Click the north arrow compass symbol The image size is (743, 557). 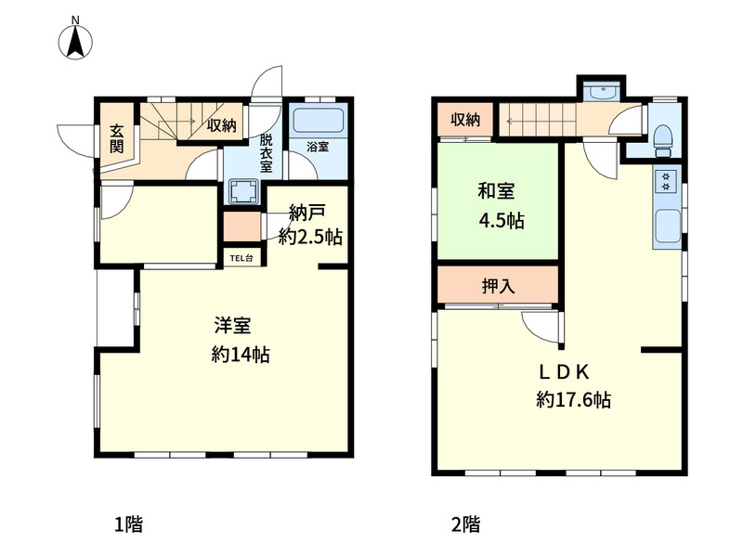click(75, 39)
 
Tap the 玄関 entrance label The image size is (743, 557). click(117, 138)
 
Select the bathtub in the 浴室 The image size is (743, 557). click(318, 122)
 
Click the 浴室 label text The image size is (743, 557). click(318, 147)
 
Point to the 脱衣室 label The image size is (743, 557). click(266, 152)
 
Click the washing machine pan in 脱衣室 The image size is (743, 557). click(244, 192)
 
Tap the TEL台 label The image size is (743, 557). click(241, 258)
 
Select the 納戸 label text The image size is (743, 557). click(306, 213)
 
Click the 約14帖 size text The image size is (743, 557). click(241, 355)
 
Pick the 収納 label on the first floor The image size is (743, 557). click(221, 125)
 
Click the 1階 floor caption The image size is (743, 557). click(128, 525)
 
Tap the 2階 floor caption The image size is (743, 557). click(465, 525)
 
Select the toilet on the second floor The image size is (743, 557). click(663, 140)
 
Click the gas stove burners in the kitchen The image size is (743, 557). click(666, 180)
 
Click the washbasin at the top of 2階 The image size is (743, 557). click(601, 91)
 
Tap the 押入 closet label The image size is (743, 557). click(498, 286)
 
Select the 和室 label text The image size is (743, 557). click(496, 191)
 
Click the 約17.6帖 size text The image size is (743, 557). click(573, 400)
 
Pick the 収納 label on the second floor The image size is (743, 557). click(465, 120)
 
